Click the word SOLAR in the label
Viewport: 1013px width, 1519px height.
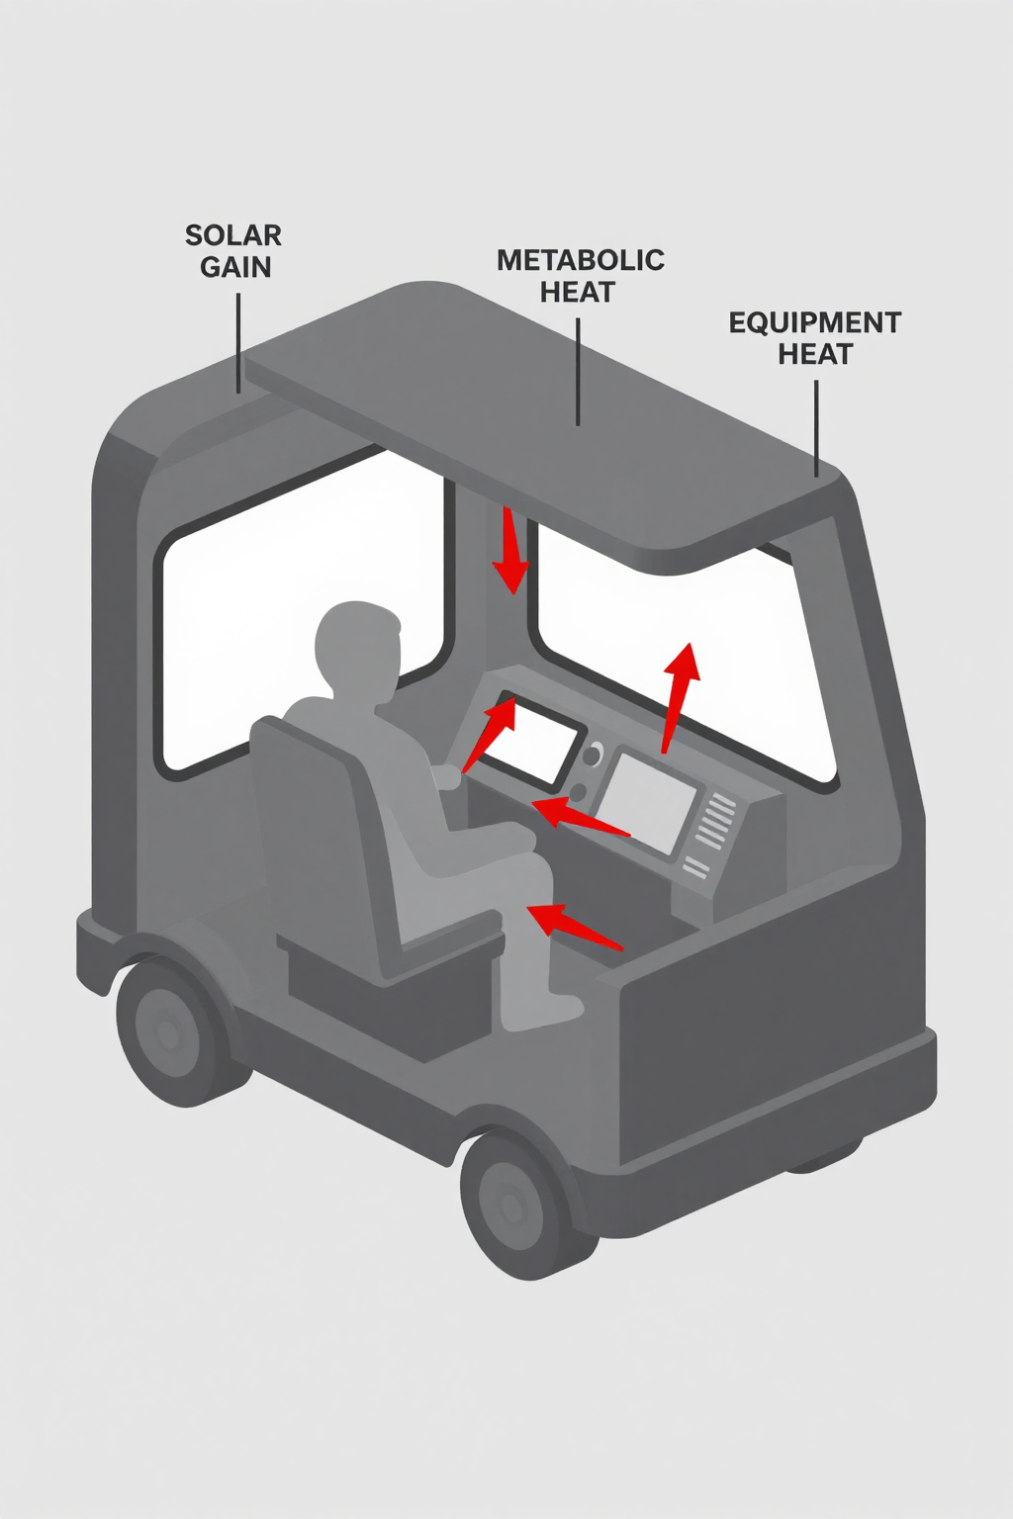click(x=233, y=235)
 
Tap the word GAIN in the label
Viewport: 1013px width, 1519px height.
click(x=235, y=267)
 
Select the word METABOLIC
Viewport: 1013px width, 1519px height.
click(x=580, y=260)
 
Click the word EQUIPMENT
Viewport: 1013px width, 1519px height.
click(x=814, y=322)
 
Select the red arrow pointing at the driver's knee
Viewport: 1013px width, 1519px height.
click(x=574, y=925)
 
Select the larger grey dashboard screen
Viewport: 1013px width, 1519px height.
click(x=646, y=801)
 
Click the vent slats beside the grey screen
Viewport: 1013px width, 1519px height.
click(x=714, y=821)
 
